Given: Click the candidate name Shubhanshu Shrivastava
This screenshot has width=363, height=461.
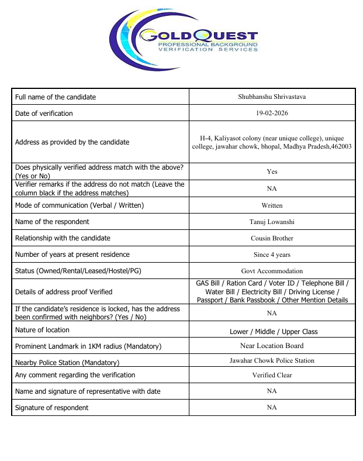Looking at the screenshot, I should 272,97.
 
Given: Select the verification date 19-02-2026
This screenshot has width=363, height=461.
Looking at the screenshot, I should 272,113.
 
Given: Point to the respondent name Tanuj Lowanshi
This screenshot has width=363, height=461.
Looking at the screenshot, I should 272,222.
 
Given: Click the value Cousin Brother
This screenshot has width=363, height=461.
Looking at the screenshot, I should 272,238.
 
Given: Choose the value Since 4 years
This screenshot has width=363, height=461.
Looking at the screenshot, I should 272,254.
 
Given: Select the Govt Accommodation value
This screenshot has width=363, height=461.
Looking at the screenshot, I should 272,271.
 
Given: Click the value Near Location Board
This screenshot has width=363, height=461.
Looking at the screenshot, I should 272,346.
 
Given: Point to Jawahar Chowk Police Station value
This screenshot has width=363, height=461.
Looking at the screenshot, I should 272,360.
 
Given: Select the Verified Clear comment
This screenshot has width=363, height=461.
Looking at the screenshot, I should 272,375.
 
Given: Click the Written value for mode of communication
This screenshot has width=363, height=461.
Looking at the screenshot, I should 272,205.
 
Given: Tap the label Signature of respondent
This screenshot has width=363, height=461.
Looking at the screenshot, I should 52,407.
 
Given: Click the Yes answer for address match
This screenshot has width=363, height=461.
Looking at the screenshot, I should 272,171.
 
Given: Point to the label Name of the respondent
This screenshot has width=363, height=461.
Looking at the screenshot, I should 52,222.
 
